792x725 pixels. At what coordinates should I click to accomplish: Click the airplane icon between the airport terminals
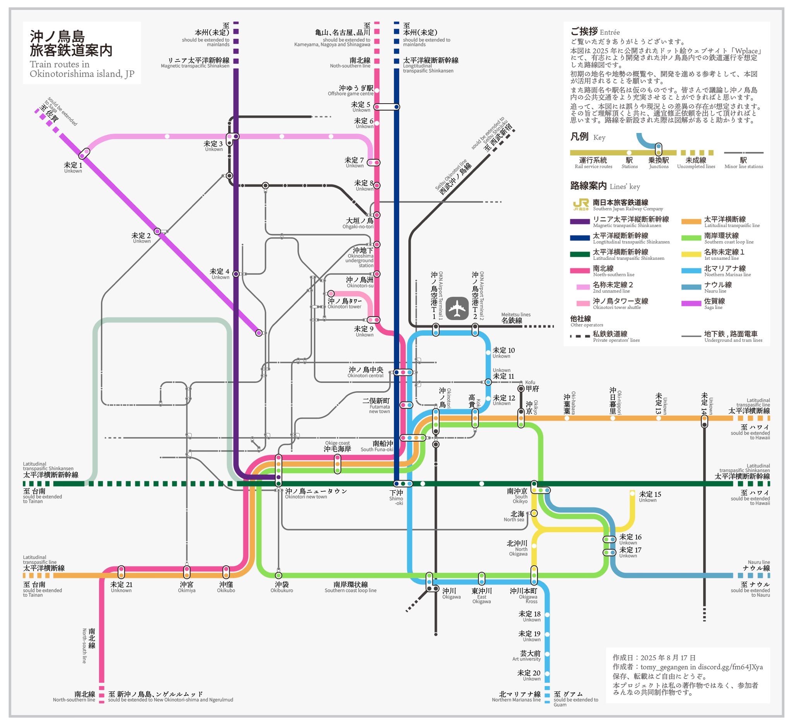pos(456,308)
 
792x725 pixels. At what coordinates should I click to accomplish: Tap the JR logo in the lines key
pos(580,204)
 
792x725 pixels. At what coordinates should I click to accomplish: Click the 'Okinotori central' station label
pos(365,372)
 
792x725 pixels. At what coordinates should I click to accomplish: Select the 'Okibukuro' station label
pos(282,587)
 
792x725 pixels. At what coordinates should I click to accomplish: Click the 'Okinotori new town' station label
pos(316,494)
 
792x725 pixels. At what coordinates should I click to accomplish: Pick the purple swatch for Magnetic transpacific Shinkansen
pos(580,222)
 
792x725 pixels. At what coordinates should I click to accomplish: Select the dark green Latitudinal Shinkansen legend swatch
pos(580,254)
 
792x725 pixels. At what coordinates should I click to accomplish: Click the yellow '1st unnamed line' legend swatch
pos(691,254)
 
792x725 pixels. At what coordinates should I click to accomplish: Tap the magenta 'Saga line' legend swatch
pos(691,303)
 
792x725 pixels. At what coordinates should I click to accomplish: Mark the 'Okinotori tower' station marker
pos(331,294)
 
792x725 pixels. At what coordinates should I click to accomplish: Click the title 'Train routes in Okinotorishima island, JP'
pos(82,69)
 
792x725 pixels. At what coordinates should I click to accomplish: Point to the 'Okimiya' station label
pos(187,587)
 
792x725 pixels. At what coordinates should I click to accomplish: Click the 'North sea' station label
pos(517,517)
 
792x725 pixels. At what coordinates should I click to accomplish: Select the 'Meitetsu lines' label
pos(515,318)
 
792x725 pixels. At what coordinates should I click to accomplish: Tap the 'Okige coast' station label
pos(337,446)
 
